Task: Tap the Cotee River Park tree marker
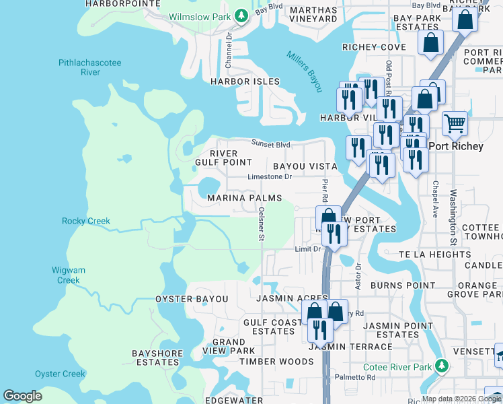[x=441, y=366]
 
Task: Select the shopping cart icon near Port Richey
[x=455, y=123]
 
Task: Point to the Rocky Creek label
[x=86, y=221]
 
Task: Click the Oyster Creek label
[x=61, y=374]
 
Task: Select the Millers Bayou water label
[x=305, y=71]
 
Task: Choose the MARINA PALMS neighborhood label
[x=244, y=198]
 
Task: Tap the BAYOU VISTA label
[x=305, y=166]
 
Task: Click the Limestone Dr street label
[x=270, y=177]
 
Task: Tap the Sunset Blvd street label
[x=271, y=143]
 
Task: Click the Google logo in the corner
[x=23, y=396]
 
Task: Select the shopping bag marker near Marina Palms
[x=328, y=217]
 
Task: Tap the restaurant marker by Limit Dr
[x=333, y=234]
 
